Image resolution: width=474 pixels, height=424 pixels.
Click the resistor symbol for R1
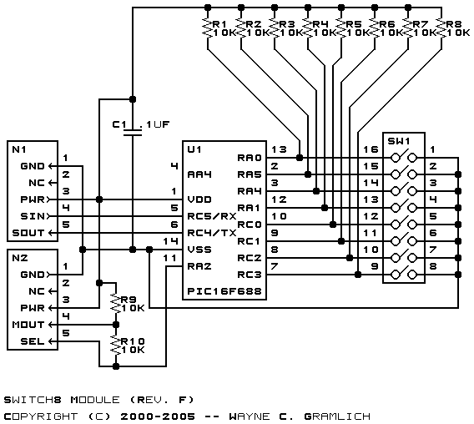(x=208, y=28)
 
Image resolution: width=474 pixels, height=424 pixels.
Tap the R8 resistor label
(x=453, y=24)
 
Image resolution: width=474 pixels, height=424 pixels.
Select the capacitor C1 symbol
(x=133, y=133)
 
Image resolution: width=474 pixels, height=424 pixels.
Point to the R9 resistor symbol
(x=116, y=304)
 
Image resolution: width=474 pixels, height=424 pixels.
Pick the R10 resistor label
(x=133, y=341)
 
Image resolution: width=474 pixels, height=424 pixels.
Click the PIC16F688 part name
(x=224, y=291)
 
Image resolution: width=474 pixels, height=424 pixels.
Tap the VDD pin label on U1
(x=199, y=199)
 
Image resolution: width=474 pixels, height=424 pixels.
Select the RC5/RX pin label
(x=212, y=216)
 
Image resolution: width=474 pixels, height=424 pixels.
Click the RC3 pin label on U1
(x=249, y=275)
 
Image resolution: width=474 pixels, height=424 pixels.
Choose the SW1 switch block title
(x=399, y=141)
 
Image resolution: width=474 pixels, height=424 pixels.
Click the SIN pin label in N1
(x=33, y=216)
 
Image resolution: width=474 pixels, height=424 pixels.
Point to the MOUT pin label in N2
(x=28, y=325)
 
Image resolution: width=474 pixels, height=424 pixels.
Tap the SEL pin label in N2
(x=33, y=341)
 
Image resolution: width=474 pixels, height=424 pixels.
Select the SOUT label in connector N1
(x=28, y=233)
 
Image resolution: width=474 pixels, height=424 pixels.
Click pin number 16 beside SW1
(x=371, y=149)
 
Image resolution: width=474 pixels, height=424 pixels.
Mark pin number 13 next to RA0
(x=279, y=149)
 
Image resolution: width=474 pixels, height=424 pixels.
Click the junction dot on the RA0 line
(x=300, y=158)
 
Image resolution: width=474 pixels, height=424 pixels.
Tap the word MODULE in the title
(x=95, y=400)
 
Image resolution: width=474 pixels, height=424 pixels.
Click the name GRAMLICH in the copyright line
(x=337, y=416)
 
